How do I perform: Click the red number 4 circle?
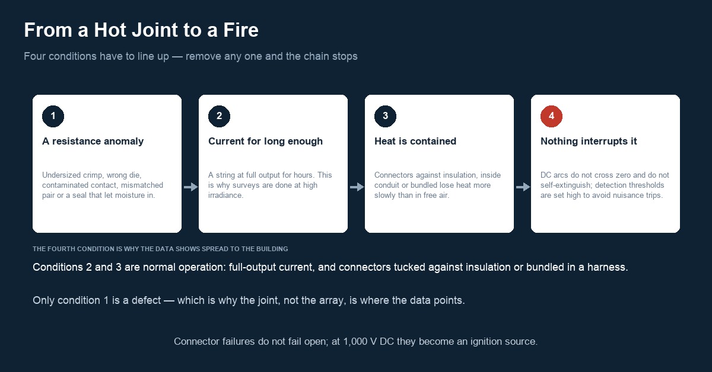point(551,116)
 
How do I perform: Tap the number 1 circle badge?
point(53,116)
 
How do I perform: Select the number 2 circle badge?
point(220,116)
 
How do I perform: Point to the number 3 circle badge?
point(385,116)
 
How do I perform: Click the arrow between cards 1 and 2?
point(190,187)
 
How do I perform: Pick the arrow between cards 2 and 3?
point(357,187)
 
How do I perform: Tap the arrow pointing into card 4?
point(523,187)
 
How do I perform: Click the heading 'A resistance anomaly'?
point(93,141)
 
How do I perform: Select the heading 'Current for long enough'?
point(265,141)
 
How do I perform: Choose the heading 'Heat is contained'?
point(415,141)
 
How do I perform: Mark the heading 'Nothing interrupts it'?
point(589,141)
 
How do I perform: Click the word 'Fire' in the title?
point(241,30)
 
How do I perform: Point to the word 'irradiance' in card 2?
point(225,195)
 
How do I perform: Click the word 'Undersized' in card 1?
point(61,175)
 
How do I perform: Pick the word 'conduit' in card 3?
point(385,185)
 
